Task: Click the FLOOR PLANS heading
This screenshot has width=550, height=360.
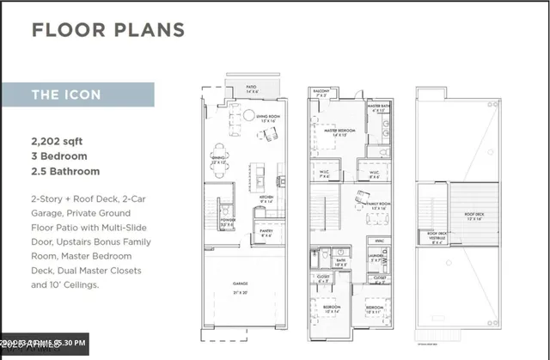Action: click(108, 30)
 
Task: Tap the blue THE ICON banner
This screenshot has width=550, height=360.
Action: click(77, 95)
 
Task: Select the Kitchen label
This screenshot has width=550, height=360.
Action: click(266, 199)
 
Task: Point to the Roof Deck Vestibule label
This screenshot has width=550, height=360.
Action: click(438, 237)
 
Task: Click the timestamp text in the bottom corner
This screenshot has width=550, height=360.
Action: click(43, 345)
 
